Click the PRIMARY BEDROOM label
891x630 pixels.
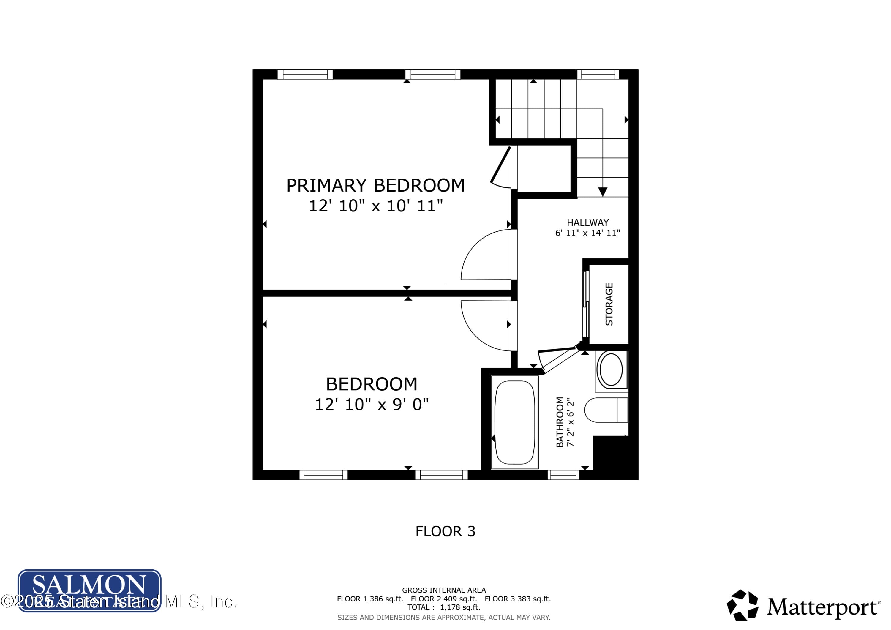pos(375,186)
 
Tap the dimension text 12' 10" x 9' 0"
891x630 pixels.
pos(371,405)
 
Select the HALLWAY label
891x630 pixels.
pos(587,222)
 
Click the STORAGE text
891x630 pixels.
pos(609,304)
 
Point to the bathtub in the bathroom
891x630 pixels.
pos(515,422)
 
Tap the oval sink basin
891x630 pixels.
pos(611,370)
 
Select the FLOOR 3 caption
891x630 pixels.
pos(445,531)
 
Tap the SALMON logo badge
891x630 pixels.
pos(89,590)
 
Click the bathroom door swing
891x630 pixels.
pos(558,359)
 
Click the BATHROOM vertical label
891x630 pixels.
pos(560,422)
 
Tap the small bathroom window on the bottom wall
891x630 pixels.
pos(563,475)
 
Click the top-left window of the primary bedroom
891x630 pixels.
pos(305,74)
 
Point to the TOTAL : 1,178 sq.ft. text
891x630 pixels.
pos(443,607)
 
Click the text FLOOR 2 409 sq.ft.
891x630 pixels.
pos(443,599)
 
